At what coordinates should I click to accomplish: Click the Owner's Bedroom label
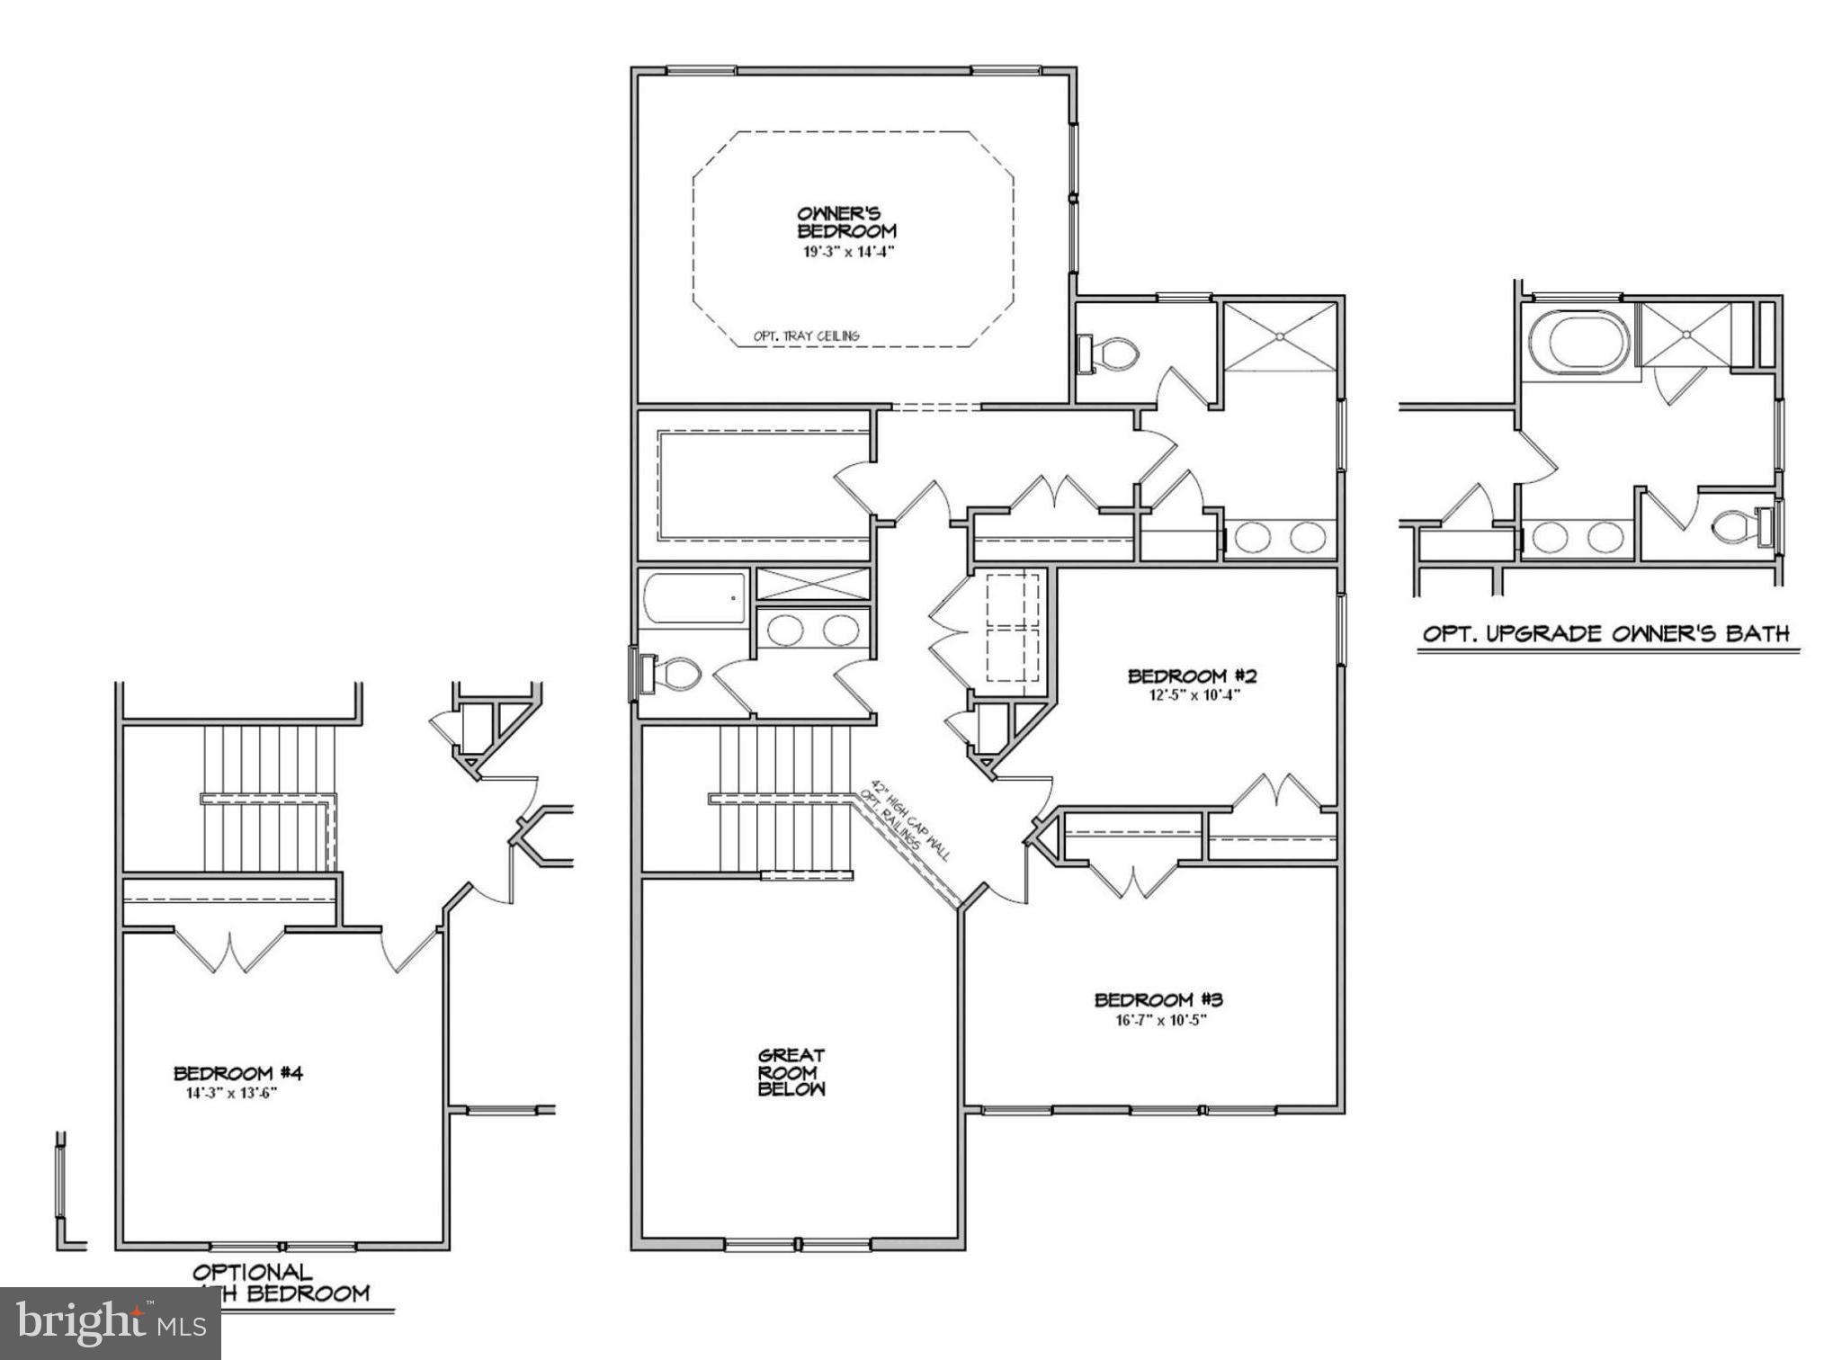(846, 222)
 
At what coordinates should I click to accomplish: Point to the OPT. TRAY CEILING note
(806, 336)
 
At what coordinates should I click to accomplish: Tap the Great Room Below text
(791, 1071)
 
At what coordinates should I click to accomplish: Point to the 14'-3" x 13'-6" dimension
(232, 1094)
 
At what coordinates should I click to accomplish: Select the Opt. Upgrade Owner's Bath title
(1605, 633)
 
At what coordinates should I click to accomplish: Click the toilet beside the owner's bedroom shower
(1113, 353)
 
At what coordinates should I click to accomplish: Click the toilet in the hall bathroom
(670, 674)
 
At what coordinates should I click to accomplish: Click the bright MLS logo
(110, 1322)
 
